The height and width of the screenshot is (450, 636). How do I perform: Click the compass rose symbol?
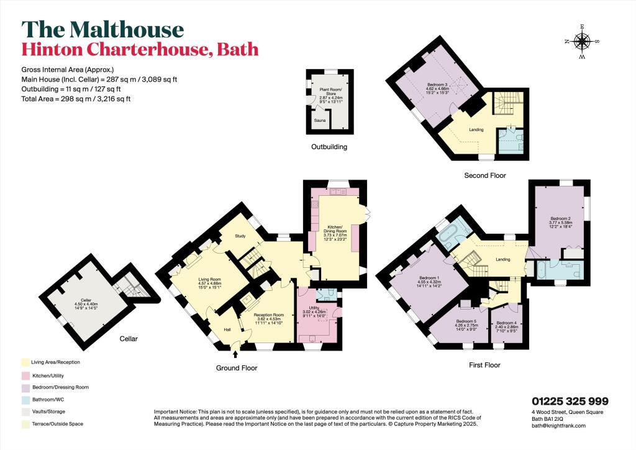[582, 42]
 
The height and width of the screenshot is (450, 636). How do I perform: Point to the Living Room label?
[209, 283]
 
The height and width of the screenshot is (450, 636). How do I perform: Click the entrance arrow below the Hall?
[236, 355]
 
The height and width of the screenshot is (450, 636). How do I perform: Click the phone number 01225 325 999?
[570, 402]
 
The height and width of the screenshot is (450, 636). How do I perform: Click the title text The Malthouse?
[102, 29]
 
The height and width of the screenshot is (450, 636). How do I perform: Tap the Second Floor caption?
[485, 176]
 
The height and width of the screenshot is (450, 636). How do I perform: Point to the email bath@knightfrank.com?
[558, 426]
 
